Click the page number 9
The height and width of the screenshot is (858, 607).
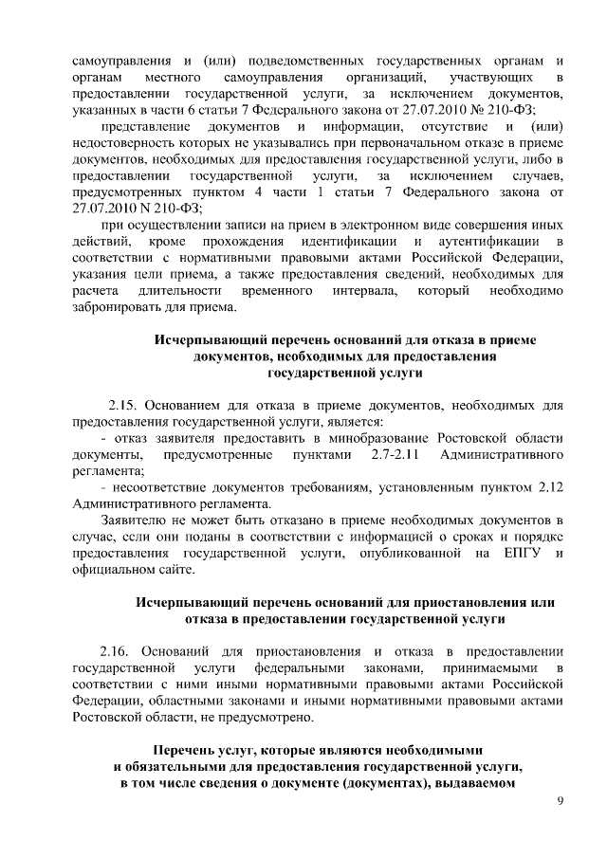pyautogui.click(x=561, y=803)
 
